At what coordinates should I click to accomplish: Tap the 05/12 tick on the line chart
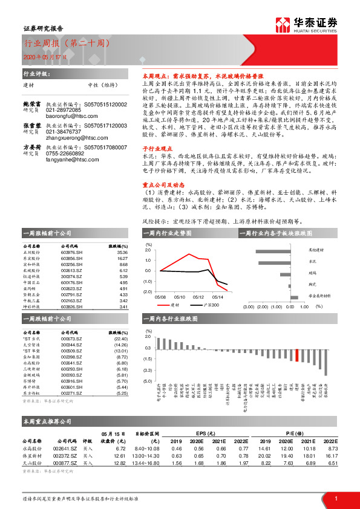198,297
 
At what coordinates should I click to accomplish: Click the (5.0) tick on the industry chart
148,381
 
